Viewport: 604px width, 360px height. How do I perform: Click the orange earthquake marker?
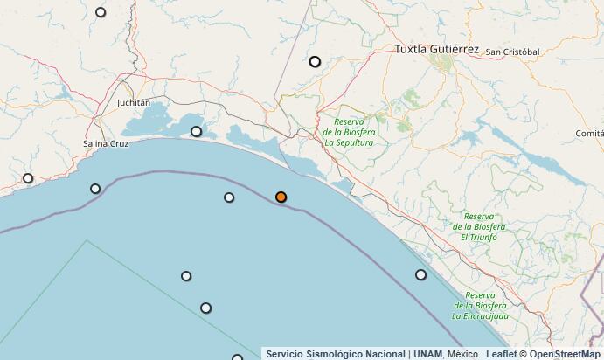click(x=281, y=197)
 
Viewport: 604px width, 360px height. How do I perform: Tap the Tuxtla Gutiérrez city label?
click(x=436, y=50)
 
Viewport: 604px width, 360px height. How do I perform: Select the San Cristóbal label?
click(x=512, y=52)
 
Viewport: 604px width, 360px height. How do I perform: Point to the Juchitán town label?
click(x=134, y=102)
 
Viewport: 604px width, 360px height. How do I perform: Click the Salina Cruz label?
click(x=105, y=143)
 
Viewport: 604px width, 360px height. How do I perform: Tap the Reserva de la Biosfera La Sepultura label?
click(x=349, y=131)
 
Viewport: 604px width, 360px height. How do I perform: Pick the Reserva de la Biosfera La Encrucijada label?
click(x=479, y=305)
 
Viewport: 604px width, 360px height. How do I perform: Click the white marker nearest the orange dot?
click(x=229, y=197)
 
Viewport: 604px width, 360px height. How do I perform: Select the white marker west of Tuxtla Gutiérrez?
click(x=315, y=61)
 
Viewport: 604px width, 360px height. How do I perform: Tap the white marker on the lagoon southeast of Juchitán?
click(x=196, y=132)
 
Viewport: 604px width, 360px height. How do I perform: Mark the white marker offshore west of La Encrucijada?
click(x=420, y=274)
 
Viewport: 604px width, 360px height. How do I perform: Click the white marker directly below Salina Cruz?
click(x=95, y=189)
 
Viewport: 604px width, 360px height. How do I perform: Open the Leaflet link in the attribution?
click(x=501, y=354)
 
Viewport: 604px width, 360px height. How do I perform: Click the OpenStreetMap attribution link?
click(x=565, y=354)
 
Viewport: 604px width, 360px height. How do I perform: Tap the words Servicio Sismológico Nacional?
click(x=336, y=354)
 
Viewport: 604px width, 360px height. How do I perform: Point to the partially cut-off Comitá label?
click(x=589, y=133)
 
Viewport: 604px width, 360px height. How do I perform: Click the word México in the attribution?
click(x=463, y=354)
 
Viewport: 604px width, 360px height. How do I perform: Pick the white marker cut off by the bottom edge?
click(x=237, y=357)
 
